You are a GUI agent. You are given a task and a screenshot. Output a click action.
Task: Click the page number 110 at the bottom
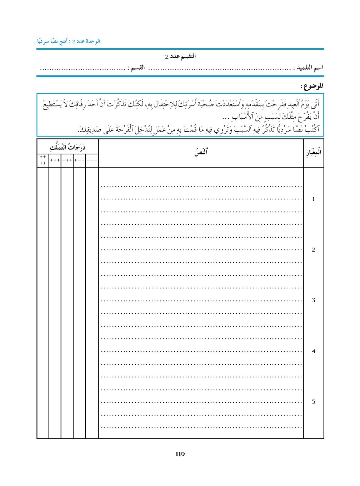click(180, 454)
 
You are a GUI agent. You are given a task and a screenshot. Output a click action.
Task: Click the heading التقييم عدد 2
click(180, 56)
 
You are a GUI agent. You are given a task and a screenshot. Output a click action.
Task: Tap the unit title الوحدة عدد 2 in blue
click(68, 41)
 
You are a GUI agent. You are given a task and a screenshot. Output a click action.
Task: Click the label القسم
click(137, 68)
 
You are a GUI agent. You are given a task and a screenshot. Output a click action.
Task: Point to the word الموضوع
click(312, 86)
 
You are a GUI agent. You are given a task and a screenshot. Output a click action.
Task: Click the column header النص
click(201, 152)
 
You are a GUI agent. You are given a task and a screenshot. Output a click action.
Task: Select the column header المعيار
click(313, 153)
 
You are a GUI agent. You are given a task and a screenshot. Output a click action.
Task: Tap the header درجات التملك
click(67, 147)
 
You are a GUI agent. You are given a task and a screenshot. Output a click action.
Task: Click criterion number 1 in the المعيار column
click(313, 199)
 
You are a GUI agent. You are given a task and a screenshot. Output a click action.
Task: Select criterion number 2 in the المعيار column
click(313, 250)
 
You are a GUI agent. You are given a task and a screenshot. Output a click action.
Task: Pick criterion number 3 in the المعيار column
click(313, 300)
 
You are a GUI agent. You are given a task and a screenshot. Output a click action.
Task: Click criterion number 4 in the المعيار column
click(313, 351)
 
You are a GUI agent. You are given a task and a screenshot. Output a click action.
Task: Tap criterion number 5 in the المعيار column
click(313, 402)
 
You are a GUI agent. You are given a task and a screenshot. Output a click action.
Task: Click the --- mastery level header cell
click(92, 160)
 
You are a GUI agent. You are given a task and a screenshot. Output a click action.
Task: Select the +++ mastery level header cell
click(55, 160)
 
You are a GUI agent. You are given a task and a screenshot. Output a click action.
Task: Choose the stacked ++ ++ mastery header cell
click(43, 160)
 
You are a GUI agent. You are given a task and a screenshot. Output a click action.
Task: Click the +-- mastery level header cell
click(79, 160)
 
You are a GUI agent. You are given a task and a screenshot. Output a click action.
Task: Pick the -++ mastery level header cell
click(67, 160)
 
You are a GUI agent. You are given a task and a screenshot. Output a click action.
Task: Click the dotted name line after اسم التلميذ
click(220, 68)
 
